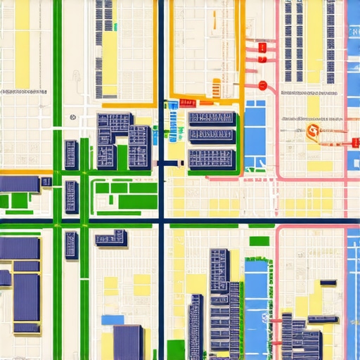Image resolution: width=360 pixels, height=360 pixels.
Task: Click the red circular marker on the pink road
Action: pyautogui.click(x=262, y=86)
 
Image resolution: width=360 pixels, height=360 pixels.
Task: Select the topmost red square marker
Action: pyautogui.click(x=262, y=48)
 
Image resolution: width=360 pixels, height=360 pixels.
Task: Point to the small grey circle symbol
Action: pyautogui.click(x=73, y=118)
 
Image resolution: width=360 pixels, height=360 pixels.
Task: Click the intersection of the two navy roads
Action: pyautogui.click(x=161, y=224)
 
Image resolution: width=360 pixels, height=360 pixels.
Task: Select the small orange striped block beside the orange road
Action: pyautogui.click(x=215, y=88)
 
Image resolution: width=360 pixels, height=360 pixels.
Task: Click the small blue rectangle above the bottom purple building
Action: pyautogui.click(x=112, y=320)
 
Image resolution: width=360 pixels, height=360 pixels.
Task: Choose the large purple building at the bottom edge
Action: pyautogui.click(x=127, y=342)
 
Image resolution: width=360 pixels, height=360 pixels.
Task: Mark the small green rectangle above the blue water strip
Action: pyautogui.click(x=259, y=241)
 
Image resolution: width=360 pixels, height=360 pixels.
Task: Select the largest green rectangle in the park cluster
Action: pyautogui.click(x=137, y=202)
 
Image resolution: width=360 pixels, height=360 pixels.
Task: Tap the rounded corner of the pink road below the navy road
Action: pyautogui.click(x=279, y=231)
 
